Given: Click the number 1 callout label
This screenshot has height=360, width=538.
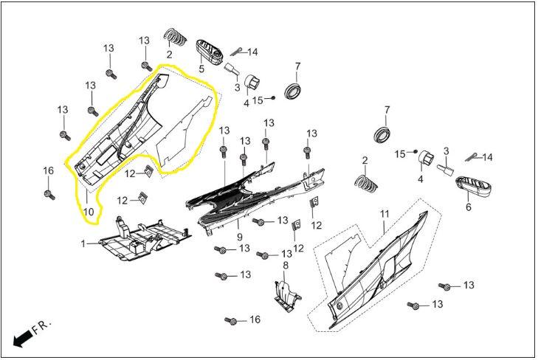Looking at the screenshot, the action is click(83, 243).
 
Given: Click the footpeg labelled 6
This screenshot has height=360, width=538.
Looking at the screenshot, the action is click(473, 187).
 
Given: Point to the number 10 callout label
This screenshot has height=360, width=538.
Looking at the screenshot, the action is click(88, 212).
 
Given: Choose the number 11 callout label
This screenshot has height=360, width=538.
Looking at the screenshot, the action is click(385, 214).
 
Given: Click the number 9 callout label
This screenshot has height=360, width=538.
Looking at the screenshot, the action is click(240, 237).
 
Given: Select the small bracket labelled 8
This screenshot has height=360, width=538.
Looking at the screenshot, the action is click(287, 297).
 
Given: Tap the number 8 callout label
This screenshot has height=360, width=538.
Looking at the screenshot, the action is click(286, 266).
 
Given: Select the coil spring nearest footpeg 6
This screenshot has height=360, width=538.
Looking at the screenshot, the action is click(367, 184).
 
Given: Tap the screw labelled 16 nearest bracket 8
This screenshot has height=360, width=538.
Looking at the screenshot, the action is click(230, 321).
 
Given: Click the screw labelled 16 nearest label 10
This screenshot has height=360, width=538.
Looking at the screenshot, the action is click(49, 195).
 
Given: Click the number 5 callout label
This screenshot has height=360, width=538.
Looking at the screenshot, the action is click(201, 69).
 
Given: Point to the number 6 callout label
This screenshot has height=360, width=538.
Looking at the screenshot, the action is click(469, 207).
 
